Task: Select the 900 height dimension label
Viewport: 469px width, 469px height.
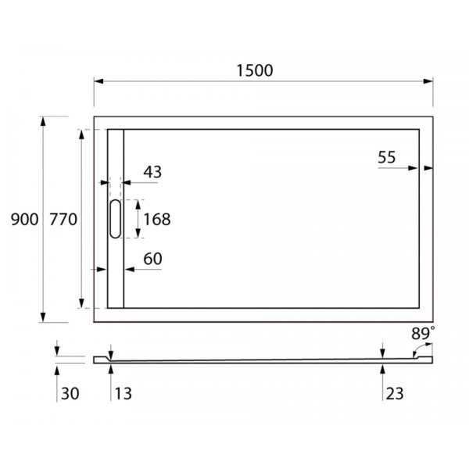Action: [24, 220]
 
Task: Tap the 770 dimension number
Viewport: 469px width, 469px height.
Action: [63, 220]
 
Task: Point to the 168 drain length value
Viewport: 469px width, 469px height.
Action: [156, 219]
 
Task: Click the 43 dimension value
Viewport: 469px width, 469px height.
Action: [152, 172]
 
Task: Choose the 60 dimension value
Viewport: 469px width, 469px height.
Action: [152, 259]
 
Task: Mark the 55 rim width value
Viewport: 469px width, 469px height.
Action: [387, 157]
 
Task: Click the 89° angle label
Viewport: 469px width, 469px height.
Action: [423, 332]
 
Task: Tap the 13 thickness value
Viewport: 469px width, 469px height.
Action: [122, 393]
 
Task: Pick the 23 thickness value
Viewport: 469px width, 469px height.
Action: [394, 393]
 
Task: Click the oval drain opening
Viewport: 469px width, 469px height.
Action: [115, 219]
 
